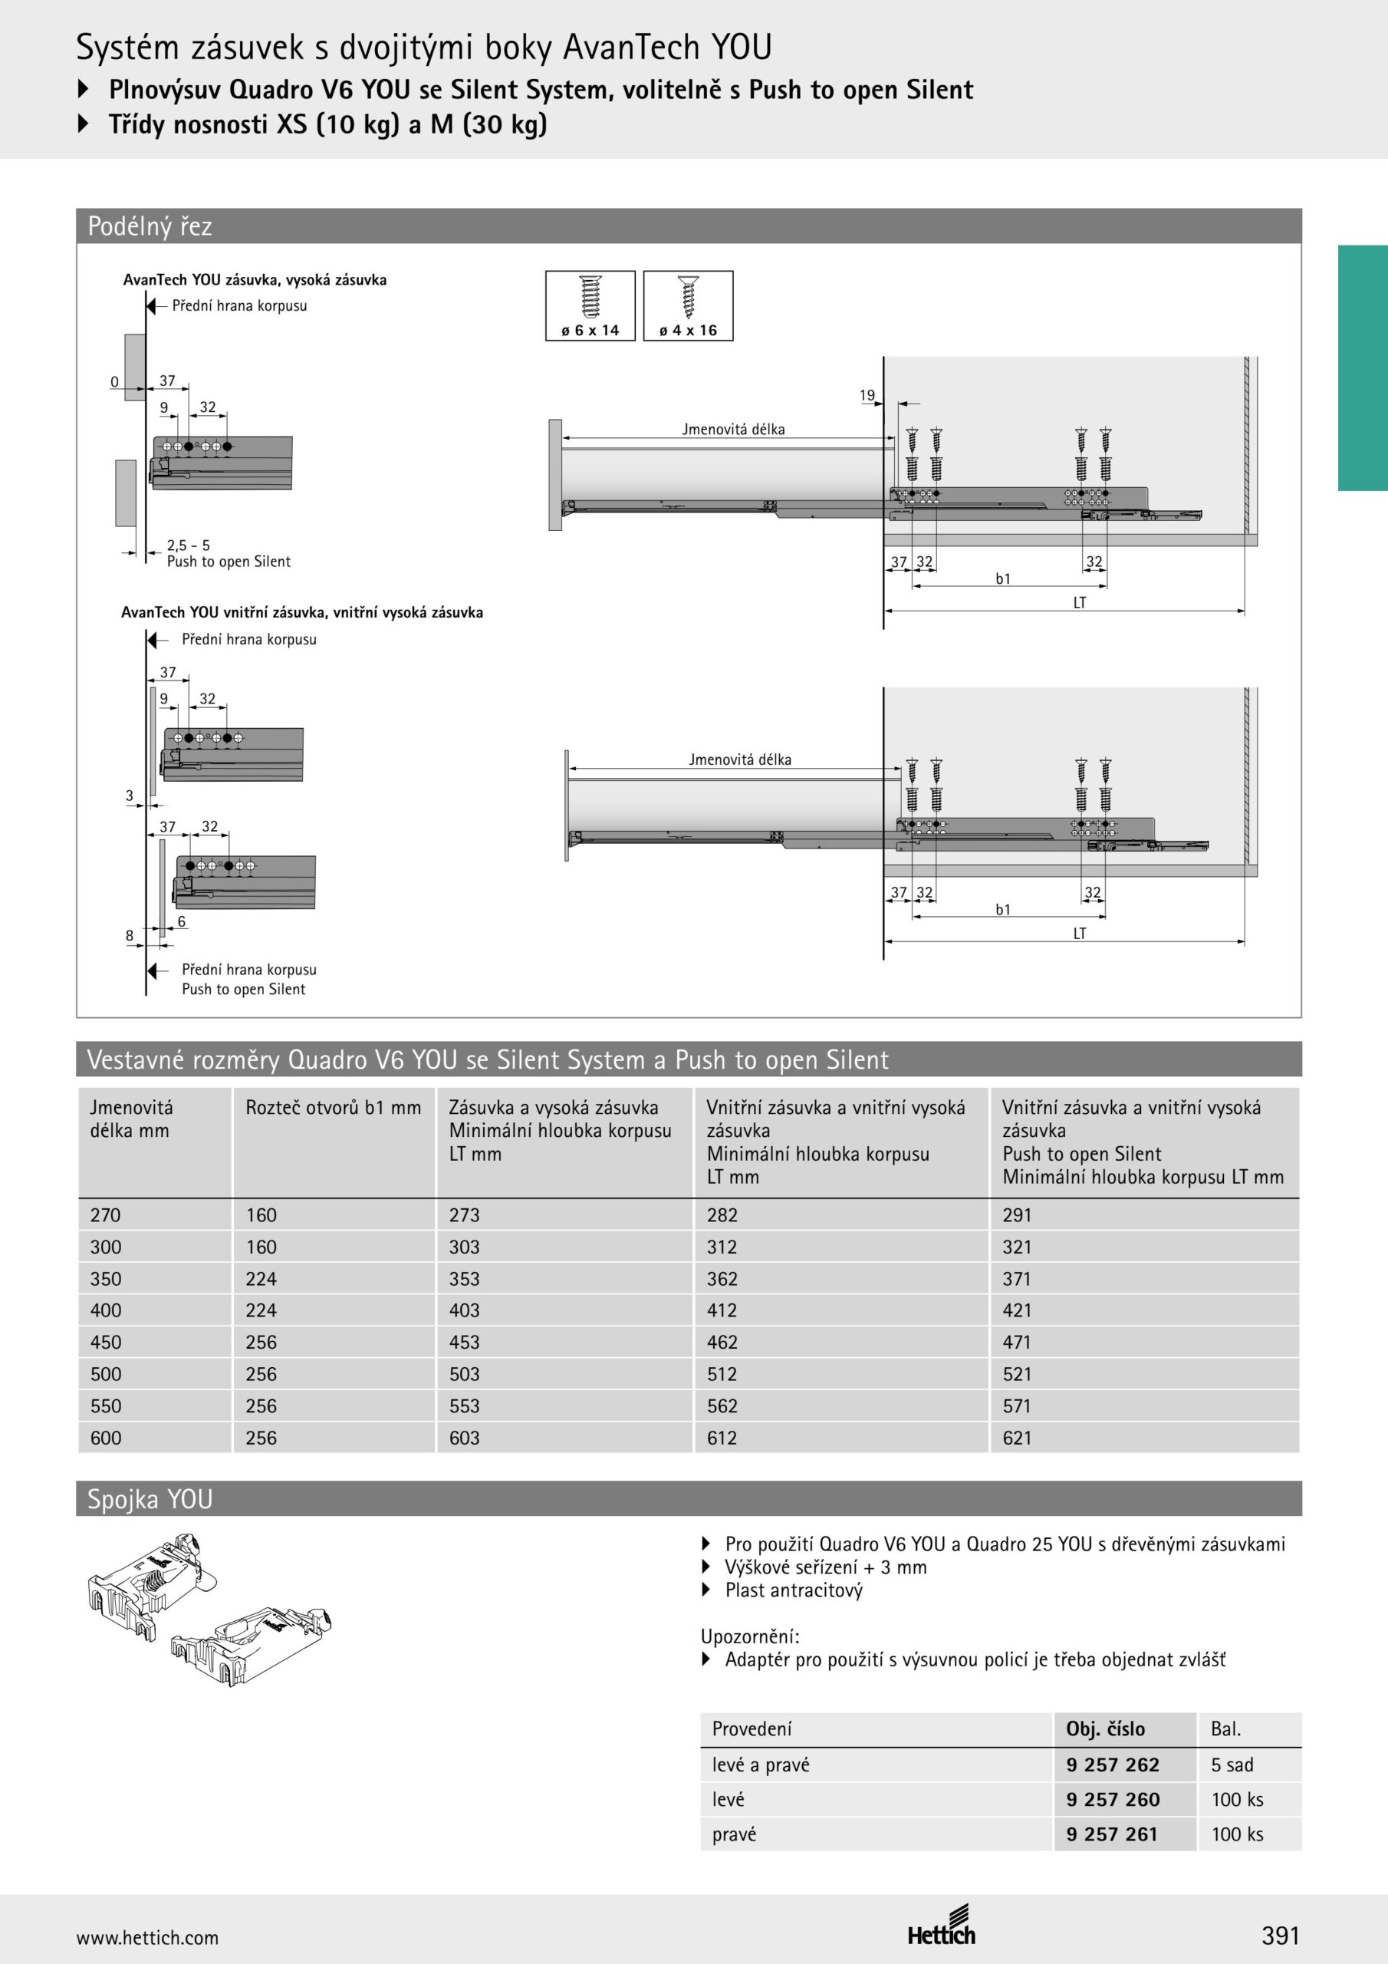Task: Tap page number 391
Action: tap(1279, 1935)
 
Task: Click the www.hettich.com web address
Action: tap(147, 1937)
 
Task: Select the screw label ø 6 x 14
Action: tap(590, 330)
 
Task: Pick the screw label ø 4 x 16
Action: tap(688, 330)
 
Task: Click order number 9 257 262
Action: tap(1113, 1765)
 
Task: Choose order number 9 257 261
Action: tap(1112, 1834)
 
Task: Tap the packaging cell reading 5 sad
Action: tap(1232, 1765)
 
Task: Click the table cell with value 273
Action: tap(465, 1214)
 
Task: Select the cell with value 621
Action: tap(1017, 1438)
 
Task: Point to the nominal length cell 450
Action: tap(106, 1342)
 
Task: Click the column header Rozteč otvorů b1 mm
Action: tap(333, 1108)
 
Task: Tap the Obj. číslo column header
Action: tap(1105, 1728)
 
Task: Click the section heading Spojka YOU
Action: tap(150, 1498)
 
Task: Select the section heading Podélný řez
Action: tap(150, 226)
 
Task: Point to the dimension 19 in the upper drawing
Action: tap(867, 395)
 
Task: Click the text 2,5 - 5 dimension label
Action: tap(188, 545)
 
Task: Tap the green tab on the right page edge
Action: tap(1363, 367)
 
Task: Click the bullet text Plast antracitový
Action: tap(794, 1590)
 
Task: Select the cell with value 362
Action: tap(722, 1279)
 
